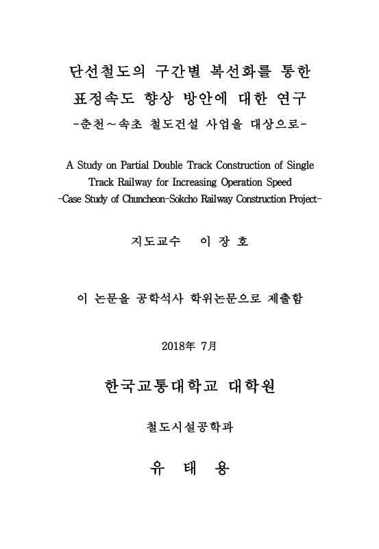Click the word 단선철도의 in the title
[x=106, y=71]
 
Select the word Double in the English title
[x=177, y=166]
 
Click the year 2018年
[x=178, y=345]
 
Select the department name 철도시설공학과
[x=189, y=428]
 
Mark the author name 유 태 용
[x=189, y=469]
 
